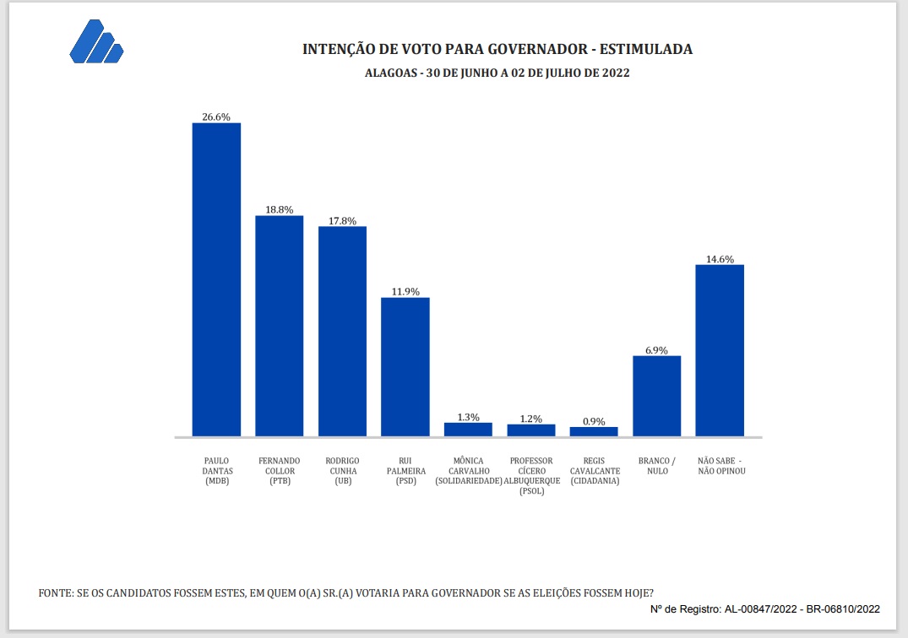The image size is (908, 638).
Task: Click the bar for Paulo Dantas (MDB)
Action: (x=216, y=279)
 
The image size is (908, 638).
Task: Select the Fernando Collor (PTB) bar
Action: (x=279, y=326)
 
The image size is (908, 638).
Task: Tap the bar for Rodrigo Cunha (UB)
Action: (x=342, y=331)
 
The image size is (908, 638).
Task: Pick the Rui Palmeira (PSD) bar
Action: (x=405, y=366)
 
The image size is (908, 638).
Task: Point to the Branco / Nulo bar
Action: (x=656, y=396)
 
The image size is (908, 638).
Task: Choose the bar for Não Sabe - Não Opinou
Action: (x=720, y=350)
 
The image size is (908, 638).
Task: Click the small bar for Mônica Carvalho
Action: (x=468, y=430)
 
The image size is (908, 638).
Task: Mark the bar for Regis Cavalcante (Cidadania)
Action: (x=594, y=431)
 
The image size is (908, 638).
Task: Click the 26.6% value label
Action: (x=216, y=116)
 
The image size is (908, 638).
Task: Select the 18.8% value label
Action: (x=279, y=209)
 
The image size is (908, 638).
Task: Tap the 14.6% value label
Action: (x=720, y=258)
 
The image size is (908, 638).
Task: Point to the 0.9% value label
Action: (x=594, y=421)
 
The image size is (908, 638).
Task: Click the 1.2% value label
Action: (x=531, y=418)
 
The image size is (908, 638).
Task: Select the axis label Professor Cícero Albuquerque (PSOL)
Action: (x=531, y=476)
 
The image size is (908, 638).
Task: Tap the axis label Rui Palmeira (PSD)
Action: (x=405, y=471)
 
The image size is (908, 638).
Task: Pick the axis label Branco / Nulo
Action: (x=656, y=466)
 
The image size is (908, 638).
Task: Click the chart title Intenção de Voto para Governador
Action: (x=497, y=49)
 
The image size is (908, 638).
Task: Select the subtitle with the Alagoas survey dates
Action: (x=497, y=73)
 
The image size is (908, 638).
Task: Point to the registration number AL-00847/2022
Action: (x=765, y=608)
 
